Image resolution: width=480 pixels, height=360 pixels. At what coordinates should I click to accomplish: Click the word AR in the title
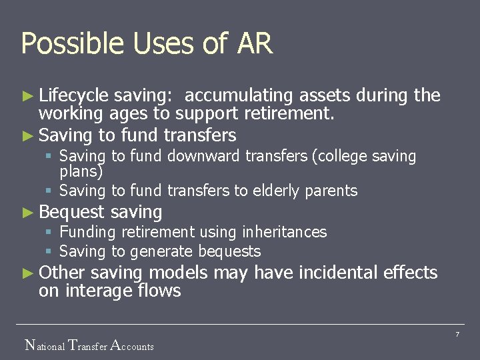255,44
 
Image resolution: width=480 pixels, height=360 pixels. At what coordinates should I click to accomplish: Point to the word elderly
277,191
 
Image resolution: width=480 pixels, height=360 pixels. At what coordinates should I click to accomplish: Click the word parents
331,191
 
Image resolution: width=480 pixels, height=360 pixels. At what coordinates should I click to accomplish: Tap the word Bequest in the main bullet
72,213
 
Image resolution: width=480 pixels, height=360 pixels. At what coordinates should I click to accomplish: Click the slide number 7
457,334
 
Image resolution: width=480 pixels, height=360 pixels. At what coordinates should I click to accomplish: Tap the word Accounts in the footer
132,345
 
